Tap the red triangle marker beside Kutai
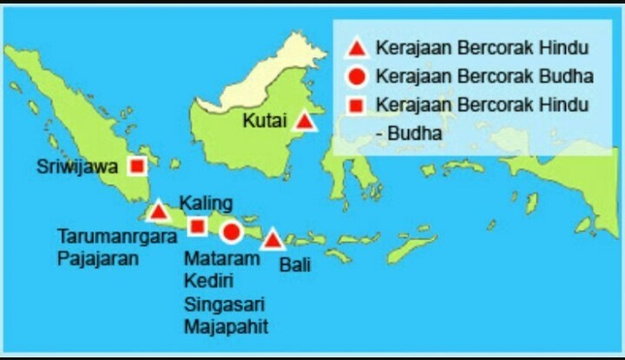304,121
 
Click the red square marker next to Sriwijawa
137,166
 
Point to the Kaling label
205,201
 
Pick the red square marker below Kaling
198,226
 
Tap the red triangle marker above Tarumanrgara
158,212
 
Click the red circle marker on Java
231,232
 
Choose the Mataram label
221,259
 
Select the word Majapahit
225,326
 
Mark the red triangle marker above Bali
273,239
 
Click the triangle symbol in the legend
355,48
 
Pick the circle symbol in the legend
355,77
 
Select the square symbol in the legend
355,105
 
